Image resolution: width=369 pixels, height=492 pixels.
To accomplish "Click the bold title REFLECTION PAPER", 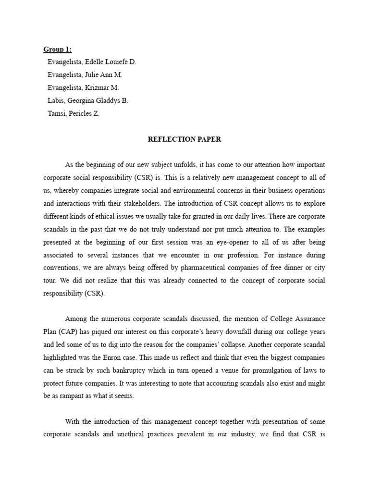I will tap(184, 139).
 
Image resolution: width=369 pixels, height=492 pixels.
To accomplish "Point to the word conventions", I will tap(65, 268).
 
